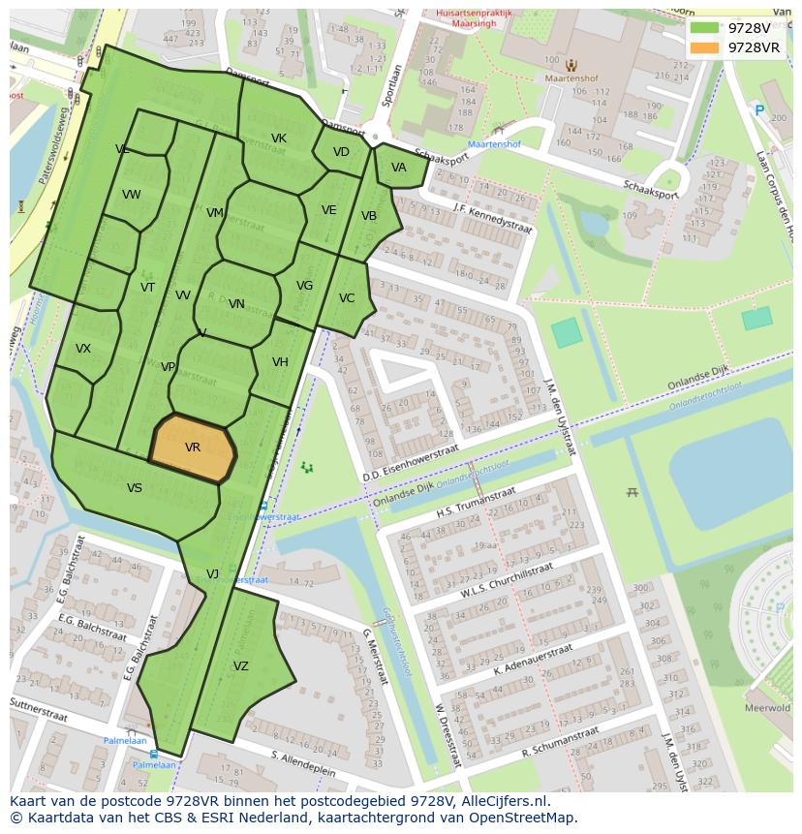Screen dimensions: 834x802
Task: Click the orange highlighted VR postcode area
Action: click(x=193, y=448)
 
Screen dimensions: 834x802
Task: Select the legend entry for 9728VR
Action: click(x=753, y=46)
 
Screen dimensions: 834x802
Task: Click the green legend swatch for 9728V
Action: click(x=704, y=28)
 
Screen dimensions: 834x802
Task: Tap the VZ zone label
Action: click(x=241, y=666)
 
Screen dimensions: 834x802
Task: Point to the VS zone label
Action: click(x=135, y=488)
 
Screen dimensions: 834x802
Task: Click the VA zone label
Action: click(x=399, y=168)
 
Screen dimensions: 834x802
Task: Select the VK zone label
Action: click(x=279, y=139)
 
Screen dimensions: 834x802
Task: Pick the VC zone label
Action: click(x=347, y=298)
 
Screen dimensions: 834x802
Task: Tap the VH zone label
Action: click(x=280, y=362)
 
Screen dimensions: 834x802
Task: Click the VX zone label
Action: click(x=83, y=349)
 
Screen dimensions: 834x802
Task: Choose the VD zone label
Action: click(x=341, y=152)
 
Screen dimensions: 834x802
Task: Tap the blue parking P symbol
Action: click(x=759, y=111)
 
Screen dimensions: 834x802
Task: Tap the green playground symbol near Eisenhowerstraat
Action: click(x=307, y=468)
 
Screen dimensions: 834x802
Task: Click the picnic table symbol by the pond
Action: click(x=632, y=492)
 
